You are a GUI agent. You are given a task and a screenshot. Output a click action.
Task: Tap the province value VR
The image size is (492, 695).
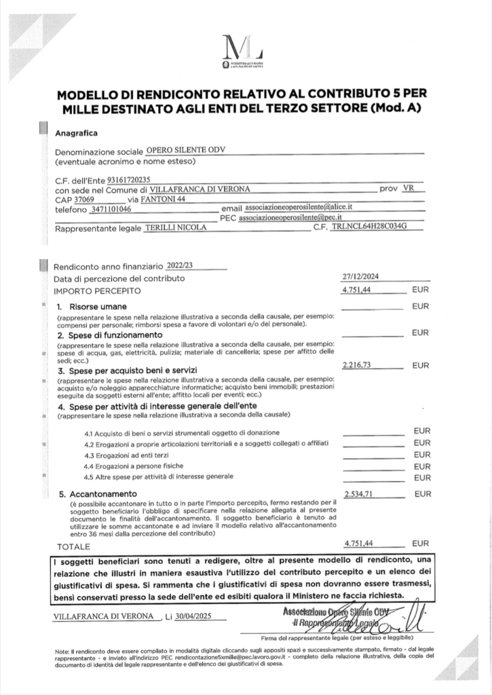coord(407,189)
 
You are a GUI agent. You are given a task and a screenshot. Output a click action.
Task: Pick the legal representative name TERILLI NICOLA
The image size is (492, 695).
coord(176,229)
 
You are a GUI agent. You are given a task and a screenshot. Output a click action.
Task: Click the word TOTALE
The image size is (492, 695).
coord(73,546)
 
